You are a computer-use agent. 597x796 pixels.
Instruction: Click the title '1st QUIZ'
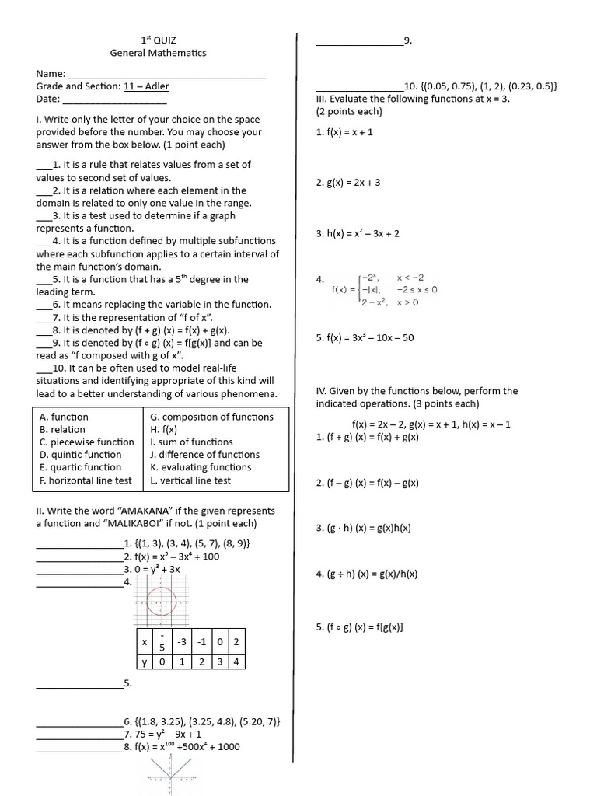159,40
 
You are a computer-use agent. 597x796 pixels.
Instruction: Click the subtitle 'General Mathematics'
159,53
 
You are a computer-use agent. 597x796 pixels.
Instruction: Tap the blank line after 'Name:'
166,74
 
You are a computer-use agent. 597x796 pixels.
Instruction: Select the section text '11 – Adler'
146,86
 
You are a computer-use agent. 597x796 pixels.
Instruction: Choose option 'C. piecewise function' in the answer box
86,442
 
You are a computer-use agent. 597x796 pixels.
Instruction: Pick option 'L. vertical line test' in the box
190,480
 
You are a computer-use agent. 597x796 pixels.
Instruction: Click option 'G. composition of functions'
211,417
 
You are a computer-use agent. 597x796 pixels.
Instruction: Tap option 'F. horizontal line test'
86,480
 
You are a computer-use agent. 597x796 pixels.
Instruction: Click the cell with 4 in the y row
236,662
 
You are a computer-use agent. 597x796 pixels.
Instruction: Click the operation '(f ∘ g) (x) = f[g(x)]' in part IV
360,627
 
